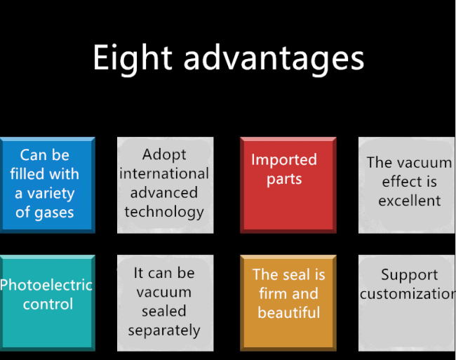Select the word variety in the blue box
pyautogui.click(x=51, y=194)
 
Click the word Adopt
pyautogui.click(x=164, y=155)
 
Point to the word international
pyautogui.click(x=164, y=173)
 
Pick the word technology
pyautogui.click(x=164, y=212)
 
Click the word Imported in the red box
pyautogui.click(x=284, y=160)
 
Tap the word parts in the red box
pyautogui.click(x=284, y=179)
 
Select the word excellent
pyautogui.click(x=410, y=201)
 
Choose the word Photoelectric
pyautogui.click(x=46, y=285)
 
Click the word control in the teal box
pyautogui.click(x=48, y=304)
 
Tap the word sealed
pyautogui.click(x=164, y=311)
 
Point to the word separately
pyautogui.click(x=164, y=331)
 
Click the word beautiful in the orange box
pyautogui.click(x=289, y=312)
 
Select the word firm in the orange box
pyautogui.click(x=273, y=293)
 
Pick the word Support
pyautogui.click(x=410, y=275)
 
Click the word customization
pyautogui.click(x=408, y=294)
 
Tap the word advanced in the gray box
pyautogui.click(x=164, y=193)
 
